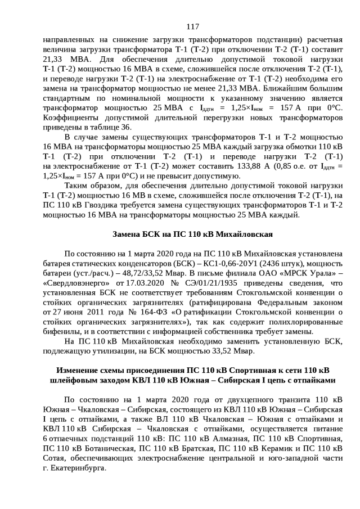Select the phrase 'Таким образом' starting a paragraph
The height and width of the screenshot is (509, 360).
[92, 185]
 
